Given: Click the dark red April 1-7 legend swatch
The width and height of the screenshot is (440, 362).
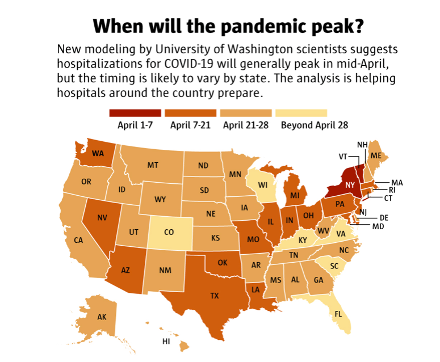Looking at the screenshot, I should coord(135,113).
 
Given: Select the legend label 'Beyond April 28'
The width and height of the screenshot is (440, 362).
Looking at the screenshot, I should coord(315,125).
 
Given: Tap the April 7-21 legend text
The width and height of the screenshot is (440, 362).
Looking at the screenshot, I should coord(190,125).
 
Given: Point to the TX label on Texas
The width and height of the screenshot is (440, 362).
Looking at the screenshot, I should coord(215,296).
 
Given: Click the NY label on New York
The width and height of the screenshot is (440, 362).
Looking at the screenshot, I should coord(350,185).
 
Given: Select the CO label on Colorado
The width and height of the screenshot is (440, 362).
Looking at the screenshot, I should coord(169,232).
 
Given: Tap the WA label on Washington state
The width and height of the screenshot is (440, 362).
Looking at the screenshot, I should coord(98,153).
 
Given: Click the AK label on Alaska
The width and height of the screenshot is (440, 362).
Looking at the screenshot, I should coord(102,317).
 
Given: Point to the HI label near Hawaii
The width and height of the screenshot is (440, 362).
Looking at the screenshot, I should coord(166,342).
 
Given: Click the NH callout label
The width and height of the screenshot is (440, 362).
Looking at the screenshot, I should coord(362,144).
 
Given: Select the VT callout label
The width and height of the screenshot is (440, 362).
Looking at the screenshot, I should coord(343,156).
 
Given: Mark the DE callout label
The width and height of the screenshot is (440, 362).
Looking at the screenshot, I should coord(383,217).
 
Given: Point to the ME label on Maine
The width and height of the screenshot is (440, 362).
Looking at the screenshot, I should coord(375,155).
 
